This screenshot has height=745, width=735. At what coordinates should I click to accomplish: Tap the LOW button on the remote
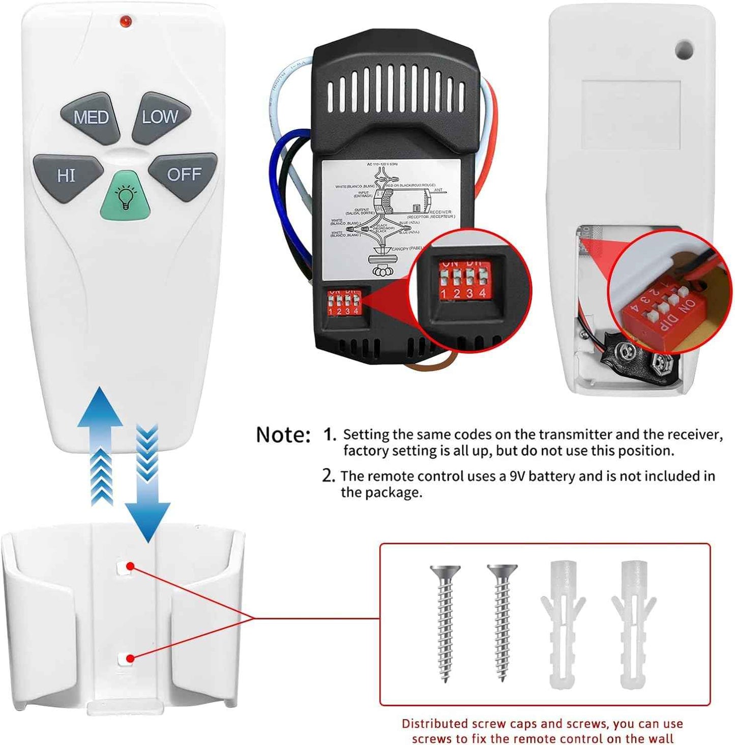[x=161, y=117]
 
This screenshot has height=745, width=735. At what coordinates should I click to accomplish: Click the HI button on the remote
[x=67, y=176]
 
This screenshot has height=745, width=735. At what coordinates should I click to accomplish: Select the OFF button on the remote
[x=184, y=175]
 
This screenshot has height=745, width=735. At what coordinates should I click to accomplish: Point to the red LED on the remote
[x=125, y=21]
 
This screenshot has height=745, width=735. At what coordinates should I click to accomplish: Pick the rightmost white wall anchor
[x=634, y=623]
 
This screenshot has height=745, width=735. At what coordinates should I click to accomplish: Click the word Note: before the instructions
[x=283, y=435]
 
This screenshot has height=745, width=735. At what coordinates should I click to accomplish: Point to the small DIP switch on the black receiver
[x=344, y=303]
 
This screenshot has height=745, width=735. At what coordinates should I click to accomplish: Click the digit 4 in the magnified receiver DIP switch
[x=482, y=293]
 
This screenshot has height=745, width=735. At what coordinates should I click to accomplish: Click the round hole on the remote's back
[x=684, y=49]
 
